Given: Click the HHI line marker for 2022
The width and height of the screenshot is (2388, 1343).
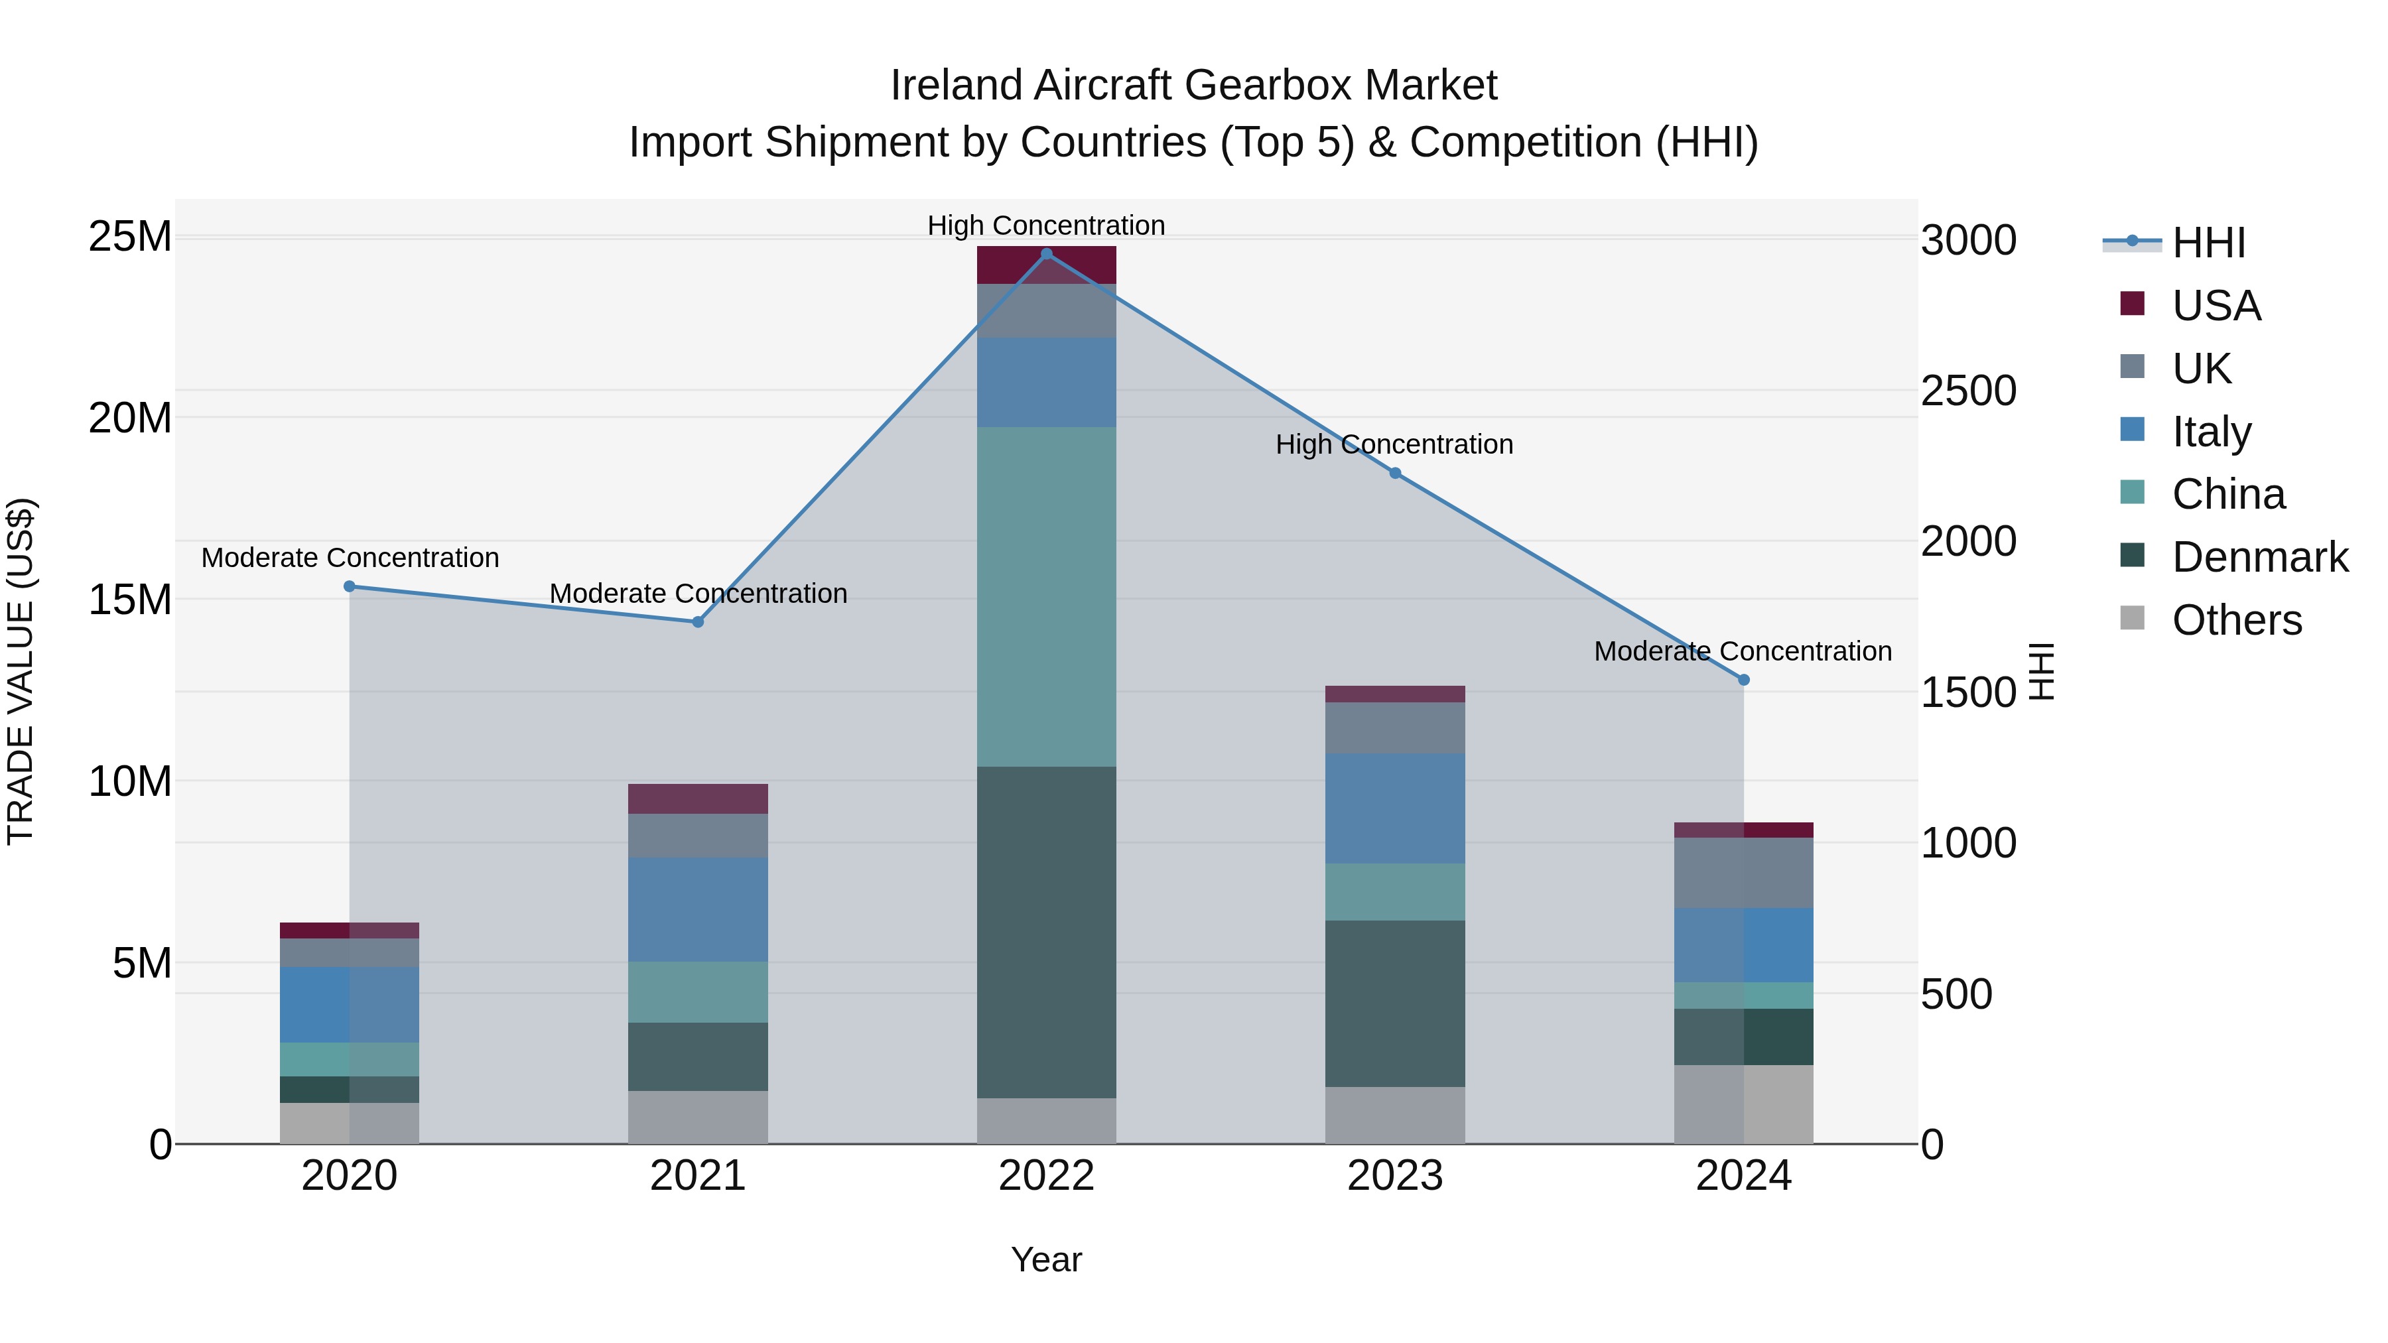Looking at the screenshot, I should (1047, 254).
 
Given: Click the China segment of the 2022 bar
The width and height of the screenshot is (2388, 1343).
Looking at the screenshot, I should (1047, 597).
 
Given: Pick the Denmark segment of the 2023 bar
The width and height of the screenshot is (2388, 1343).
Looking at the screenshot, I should (1395, 1004).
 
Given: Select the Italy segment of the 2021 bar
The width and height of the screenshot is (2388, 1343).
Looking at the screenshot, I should (698, 909).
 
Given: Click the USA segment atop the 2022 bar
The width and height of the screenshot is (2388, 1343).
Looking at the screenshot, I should (1047, 265).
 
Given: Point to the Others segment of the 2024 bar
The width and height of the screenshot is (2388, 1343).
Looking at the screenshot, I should (1744, 1105).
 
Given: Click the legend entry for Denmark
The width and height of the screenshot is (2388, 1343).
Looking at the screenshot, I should (2259, 557).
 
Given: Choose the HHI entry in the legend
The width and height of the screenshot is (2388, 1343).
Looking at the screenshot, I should (2208, 243).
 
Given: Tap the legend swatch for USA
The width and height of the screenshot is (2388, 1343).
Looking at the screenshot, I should (2132, 304).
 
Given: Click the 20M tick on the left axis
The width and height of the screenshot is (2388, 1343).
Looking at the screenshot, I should (130, 418).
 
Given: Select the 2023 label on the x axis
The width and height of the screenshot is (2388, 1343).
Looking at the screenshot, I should (1395, 1176).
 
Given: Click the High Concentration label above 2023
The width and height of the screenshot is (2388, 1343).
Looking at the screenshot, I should (1394, 445).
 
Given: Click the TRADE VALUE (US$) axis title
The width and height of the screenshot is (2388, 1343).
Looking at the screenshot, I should (21, 671).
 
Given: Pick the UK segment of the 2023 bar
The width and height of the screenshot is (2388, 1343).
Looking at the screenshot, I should (1395, 728).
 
